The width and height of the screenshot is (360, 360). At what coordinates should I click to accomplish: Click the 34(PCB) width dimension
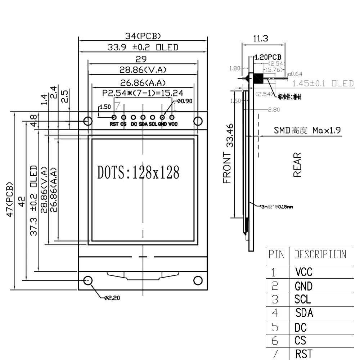click(143, 36)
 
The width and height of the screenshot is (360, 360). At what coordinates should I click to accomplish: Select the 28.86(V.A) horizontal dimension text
click(143, 70)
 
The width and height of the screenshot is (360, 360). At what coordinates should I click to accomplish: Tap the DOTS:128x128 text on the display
click(138, 172)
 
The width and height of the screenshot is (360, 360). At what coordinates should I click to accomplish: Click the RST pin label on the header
click(114, 124)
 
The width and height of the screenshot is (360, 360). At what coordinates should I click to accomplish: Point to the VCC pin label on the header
click(173, 124)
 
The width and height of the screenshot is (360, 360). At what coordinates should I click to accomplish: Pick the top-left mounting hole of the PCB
click(87, 120)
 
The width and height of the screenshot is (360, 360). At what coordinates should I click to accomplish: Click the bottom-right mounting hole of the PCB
click(198, 280)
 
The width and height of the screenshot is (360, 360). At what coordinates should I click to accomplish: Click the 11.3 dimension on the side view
click(263, 39)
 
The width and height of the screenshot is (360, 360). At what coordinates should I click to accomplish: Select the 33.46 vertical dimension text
click(230, 135)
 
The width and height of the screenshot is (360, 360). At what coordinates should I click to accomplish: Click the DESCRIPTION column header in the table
click(320, 255)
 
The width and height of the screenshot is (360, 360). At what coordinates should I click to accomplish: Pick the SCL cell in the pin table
click(302, 300)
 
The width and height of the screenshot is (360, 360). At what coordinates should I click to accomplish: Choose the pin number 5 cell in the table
click(275, 327)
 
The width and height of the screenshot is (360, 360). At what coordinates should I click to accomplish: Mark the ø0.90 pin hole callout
click(185, 101)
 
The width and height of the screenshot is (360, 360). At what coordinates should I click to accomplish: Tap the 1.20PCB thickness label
click(268, 57)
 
